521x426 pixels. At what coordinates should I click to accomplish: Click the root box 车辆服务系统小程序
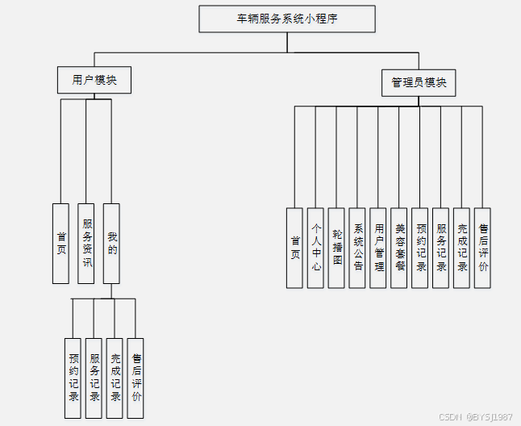pos(287,19)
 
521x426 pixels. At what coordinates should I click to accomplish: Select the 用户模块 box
pos(94,81)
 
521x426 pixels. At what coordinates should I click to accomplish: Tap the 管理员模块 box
pos(419,82)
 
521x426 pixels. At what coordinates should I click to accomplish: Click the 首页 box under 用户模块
pos(60,243)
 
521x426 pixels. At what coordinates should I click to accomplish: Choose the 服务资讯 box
pos(86,243)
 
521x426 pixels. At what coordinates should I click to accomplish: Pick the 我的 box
pos(111,243)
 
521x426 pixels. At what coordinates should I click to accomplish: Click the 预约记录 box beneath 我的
pos(73,378)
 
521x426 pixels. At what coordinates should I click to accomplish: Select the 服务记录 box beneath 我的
pos(94,378)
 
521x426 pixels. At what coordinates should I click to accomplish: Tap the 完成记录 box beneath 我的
pos(115,378)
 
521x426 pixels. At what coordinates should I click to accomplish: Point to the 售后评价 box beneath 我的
pos(136,378)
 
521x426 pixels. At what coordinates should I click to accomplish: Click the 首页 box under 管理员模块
pos(295,248)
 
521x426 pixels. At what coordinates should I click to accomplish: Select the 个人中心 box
pos(316,248)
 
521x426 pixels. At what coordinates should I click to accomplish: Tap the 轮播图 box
pos(337,248)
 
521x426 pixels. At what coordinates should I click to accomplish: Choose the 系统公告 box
pos(358,248)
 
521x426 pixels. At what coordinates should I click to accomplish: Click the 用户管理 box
pos(378,248)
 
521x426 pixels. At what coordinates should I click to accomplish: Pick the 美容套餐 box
pos(399,248)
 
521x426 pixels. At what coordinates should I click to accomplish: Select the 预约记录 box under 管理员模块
pos(420,248)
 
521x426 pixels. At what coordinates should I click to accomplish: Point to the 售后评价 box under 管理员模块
pos(482,248)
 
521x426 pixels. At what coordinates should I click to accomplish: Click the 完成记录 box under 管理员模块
pos(461,248)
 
